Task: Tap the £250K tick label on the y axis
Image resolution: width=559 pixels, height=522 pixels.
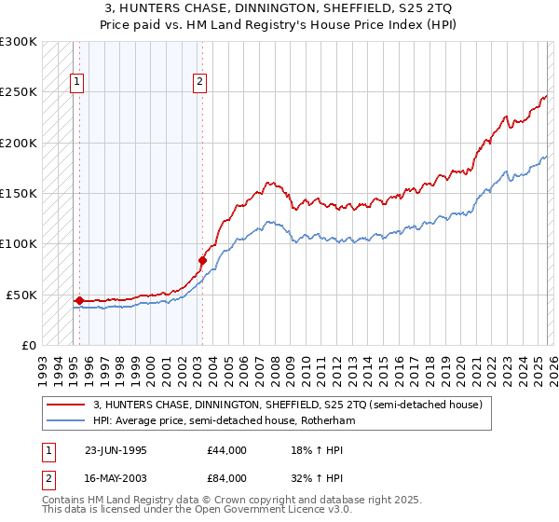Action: tap(19, 92)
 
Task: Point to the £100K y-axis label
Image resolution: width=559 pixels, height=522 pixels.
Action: tap(19, 243)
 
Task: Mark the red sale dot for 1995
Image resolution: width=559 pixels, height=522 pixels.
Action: tap(79, 300)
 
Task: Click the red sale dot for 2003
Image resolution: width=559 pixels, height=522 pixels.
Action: tap(202, 260)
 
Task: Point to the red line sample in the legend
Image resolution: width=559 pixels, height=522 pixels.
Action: tap(67, 405)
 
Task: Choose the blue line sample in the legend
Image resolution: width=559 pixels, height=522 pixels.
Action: tap(67, 421)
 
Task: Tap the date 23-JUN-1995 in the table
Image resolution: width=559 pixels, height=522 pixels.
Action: tap(116, 450)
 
